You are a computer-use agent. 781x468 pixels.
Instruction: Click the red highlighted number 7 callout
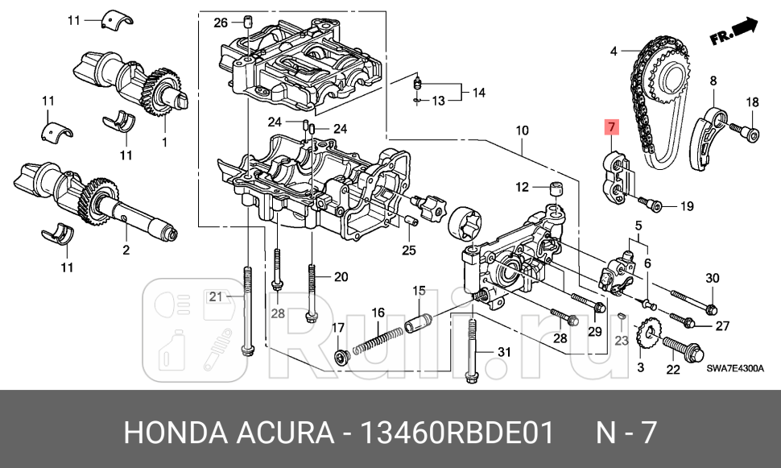click(x=611, y=127)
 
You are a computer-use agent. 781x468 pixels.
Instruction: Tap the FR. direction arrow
click(x=734, y=33)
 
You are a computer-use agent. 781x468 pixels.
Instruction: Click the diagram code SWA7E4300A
click(x=735, y=369)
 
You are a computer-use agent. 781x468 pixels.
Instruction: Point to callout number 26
click(x=221, y=23)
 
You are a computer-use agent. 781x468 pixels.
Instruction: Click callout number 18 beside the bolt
click(x=752, y=102)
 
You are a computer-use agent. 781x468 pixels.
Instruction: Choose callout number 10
click(x=522, y=130)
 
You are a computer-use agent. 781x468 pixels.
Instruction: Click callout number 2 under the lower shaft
click(x=126, y=251)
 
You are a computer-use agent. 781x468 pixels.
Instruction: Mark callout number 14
click(x=479, y=93)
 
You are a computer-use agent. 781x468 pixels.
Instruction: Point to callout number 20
click(x=340, y=277)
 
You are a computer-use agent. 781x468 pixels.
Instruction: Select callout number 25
click(x=409, y=251)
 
